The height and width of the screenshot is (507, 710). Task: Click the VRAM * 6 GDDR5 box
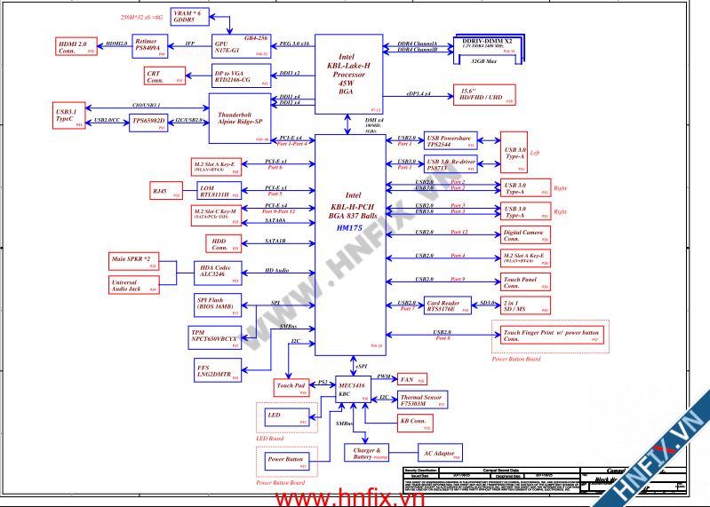click(x=187, y=17)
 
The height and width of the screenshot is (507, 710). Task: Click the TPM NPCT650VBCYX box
click(x=216, y=336)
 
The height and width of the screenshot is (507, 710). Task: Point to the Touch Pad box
click(x=291, y=386)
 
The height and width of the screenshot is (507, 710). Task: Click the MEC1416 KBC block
click(x=351, y=389)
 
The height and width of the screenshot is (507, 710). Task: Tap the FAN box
click(x=411, y=379)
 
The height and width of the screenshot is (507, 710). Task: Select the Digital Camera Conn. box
click(x=524, y=235)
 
